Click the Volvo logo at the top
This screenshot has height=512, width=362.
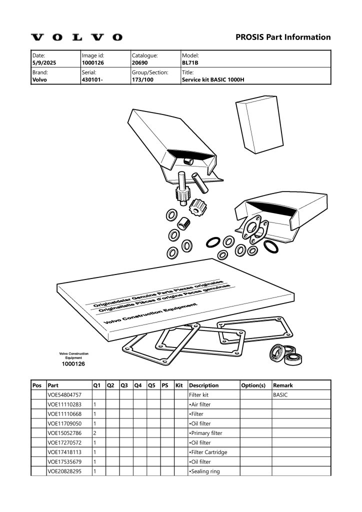(76, 37)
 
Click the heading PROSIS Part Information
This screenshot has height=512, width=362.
(283, 37)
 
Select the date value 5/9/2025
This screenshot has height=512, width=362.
(44, 62)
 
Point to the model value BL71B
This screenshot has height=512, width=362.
(190, 62)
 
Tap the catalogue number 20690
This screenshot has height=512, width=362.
(139, 62)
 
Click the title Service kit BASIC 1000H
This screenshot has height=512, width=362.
(213, 79)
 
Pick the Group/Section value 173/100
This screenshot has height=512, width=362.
(142, 79)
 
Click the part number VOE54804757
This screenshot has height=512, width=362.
(64, 395)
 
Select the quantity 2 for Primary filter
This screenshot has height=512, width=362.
(95, 433)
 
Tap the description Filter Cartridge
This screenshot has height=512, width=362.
(208, 452)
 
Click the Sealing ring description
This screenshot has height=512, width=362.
(204, 471)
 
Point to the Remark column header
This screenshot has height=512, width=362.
(283, 385)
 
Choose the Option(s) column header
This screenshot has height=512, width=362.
(253, 385)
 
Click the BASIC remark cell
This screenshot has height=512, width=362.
(280, 395)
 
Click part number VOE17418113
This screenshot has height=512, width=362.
(64, 452)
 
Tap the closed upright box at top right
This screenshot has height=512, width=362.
(259, 124)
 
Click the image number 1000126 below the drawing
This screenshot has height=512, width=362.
(73, 364)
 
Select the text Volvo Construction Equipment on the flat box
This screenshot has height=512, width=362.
(150, 313)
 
